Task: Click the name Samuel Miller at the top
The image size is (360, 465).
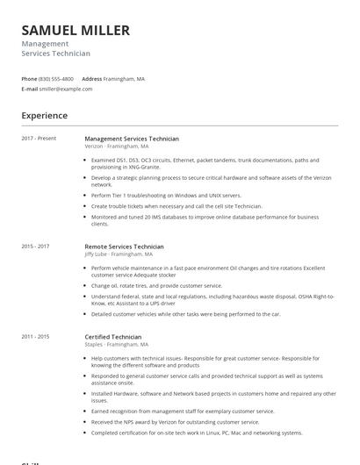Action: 76,30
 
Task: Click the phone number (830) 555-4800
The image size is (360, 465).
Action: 56,79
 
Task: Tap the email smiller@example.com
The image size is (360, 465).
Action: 66,89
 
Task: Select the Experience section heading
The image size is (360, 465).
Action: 44,115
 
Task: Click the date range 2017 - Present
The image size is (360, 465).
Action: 39,139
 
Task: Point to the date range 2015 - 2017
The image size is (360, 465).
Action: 35,247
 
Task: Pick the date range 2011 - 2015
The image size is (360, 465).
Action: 35,336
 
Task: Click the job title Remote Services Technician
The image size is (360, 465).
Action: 124,247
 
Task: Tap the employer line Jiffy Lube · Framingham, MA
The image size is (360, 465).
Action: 120,254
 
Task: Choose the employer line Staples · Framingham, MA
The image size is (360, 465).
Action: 116,345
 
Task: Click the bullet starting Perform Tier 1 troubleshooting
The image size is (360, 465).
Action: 165,196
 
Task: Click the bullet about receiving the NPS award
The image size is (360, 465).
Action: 175,421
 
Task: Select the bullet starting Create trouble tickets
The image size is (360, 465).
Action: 176,206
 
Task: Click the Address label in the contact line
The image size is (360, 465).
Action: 91,79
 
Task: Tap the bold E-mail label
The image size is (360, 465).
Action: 30,89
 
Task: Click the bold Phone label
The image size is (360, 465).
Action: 29,79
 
